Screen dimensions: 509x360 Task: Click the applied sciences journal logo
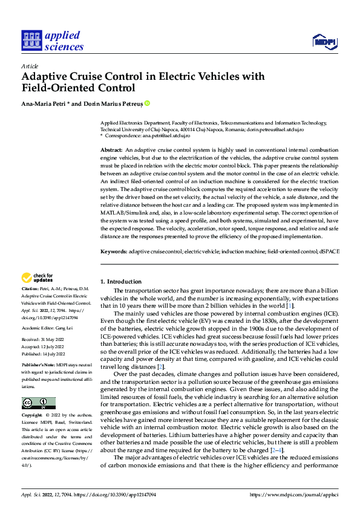[x=52, y=40]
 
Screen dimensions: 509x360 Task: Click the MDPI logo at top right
[x=324, y=41]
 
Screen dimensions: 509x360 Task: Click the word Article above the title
[x=30, y=66]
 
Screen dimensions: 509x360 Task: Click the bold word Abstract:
[x=111, y=149]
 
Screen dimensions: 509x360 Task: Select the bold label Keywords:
[x=113, y=250]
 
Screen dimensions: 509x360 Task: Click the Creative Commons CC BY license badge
[x=38, y=403]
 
